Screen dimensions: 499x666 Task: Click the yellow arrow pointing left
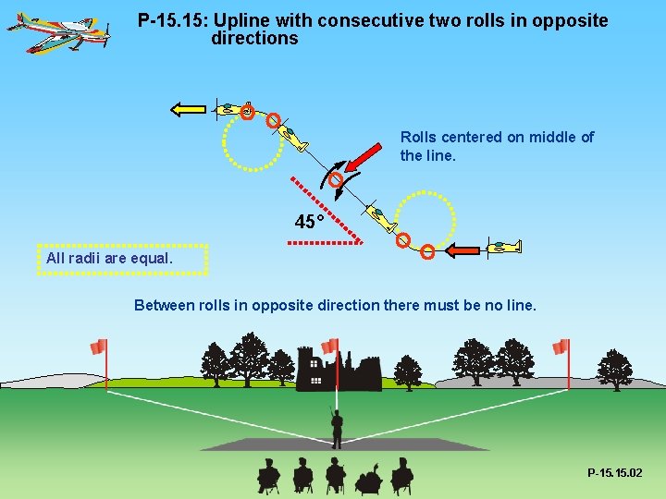[188, 109]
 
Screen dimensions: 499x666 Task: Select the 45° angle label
[309, 222]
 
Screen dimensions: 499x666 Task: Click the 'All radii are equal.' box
[122, 259]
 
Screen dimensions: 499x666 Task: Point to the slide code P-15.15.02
[614, 473]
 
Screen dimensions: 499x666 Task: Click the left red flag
[99, 347]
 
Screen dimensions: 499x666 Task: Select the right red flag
[561, 347]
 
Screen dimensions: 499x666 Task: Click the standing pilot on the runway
[337, 427]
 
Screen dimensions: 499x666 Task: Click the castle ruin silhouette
[338, 370]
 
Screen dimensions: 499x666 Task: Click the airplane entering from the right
[504, 247]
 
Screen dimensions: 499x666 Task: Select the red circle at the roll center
[337, 179]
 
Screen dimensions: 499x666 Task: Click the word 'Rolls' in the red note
[417, 137]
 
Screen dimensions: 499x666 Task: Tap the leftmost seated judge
[268, 475]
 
